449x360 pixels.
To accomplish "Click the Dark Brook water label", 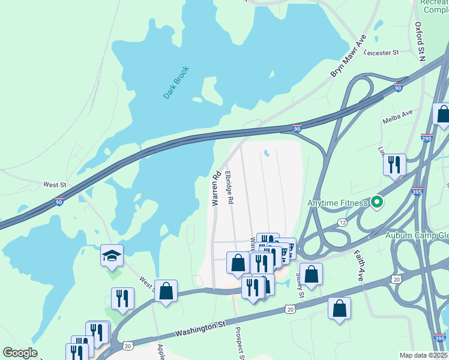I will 176,82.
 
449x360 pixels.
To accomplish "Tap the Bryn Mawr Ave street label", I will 349,56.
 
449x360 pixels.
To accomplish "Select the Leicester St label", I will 381,53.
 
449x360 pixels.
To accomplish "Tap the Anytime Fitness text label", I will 337,203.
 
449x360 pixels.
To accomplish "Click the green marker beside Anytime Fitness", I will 377,203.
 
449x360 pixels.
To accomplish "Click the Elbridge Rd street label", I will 229,188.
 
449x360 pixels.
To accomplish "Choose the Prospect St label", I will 240,343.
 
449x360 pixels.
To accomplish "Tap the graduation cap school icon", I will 112,256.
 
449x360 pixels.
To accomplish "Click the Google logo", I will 20,353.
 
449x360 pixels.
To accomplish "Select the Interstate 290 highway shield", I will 427,137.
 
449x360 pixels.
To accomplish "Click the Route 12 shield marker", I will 342,223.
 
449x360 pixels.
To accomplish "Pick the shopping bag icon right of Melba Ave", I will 443,114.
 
